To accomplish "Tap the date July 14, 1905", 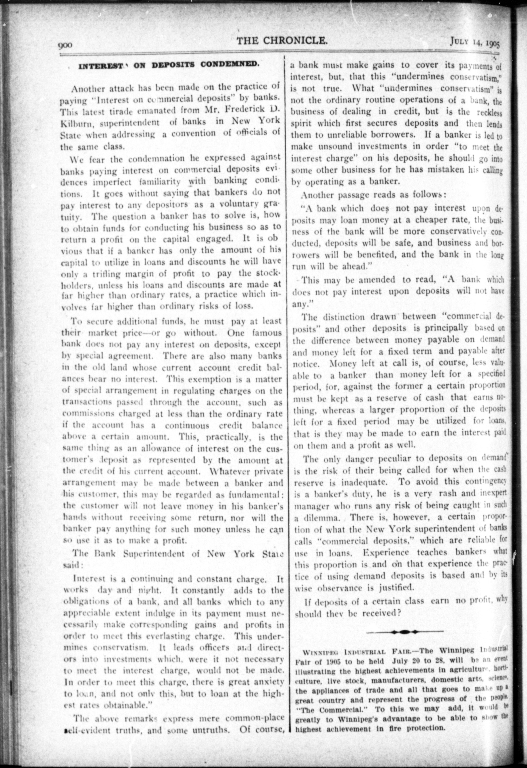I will click(x=474, y=42).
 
